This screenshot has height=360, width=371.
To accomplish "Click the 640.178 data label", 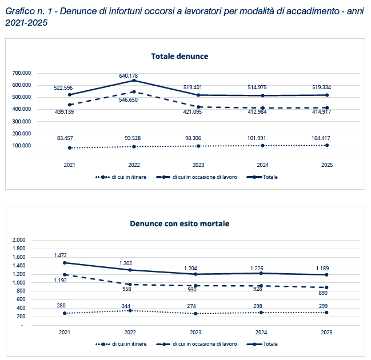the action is click(x=128, y=75).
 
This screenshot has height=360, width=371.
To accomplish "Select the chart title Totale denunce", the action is click(x=179, y=57).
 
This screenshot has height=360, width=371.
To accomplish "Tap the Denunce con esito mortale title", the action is click(x=179, y=223).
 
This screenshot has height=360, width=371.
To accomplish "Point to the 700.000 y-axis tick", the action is click(x=22, y=73).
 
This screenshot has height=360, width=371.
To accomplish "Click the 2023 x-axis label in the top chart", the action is click(x=198, y=165).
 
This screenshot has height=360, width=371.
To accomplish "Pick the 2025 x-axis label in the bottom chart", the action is click(x=326, y=333).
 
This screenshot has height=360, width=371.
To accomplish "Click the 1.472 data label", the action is click(x=61, y=255).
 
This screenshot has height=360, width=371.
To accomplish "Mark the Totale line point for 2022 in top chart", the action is click(x=134, y=81).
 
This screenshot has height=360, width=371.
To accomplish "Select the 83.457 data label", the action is click(x=65, y=138).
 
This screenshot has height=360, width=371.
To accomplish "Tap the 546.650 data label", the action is click(x=128, y=100).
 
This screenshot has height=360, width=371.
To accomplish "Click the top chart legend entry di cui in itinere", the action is click(x=121, y=177).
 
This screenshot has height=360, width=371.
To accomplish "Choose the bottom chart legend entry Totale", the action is click(x=262, y=343).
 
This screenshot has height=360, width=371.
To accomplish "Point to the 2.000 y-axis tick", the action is click(x=19, y=240).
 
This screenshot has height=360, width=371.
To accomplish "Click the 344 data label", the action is click(x=126, y=306).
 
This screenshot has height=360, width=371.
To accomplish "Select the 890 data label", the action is click(x=323, y=293).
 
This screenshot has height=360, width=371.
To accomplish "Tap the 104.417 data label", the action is click(x=321, y=138).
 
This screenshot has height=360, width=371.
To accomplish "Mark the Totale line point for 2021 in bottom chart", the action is click(x=65, y=263).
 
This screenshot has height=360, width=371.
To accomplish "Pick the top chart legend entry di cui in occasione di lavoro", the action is click(x=197, y=177).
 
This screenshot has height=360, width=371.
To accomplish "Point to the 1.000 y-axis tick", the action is click(x=19, y=283).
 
